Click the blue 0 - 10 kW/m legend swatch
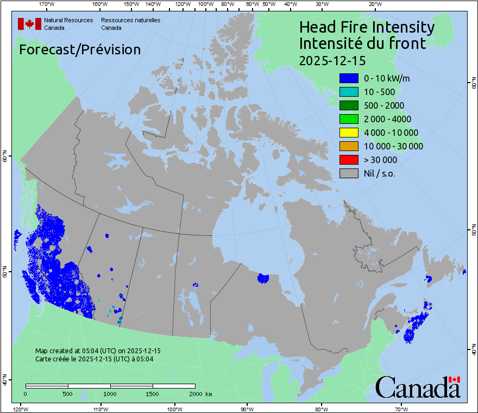pyautogui.click(x=349, y=78)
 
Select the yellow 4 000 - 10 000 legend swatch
pyautogui.click(x=349, y=133)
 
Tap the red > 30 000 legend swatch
pyautogui.click(x=349, y=160)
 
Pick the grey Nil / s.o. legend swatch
pyautogui.click(x=349, y=173)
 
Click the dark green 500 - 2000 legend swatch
pyautogui.click(x=349, y=105)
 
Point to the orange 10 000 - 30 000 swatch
pyautogui.click(x=349, y=146)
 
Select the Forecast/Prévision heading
pyautogui.click(x=80, y=50)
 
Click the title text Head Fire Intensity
pyautogui.click(x=367, y=27)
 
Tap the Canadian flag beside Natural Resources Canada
pyautogui.click(x=29, y=24)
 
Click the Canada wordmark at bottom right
pyautogui.click(x=418, y=387)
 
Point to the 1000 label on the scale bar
pyautogui.click(x=110, y=393)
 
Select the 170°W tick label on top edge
pyautogui.click(x=47, y=4)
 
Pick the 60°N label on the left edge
pyautogui.click(x=5, y=158)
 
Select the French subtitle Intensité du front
pyautogui.click(x=363, y=43)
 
